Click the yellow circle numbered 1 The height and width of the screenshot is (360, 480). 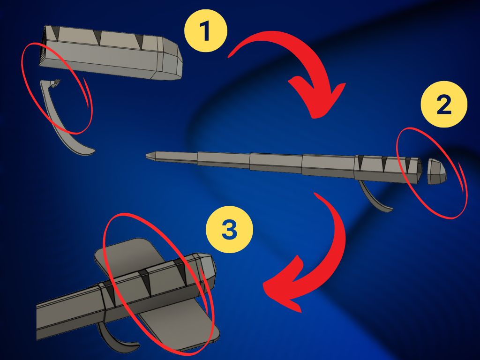[206, 30]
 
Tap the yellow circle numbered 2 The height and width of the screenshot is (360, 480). [444, 104]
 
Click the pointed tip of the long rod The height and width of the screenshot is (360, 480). [147, 156]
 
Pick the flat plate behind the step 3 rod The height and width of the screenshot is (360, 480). [159, 294]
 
